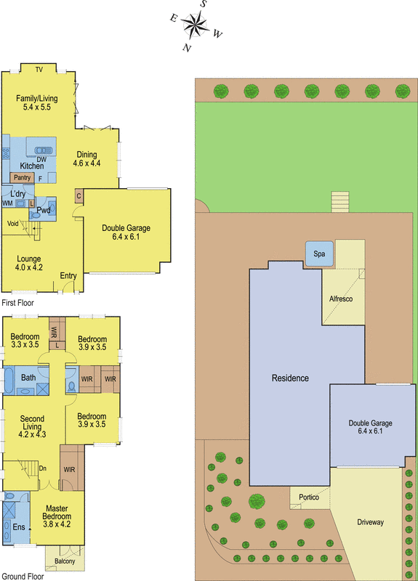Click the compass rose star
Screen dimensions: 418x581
195,25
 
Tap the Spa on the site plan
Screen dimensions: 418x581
319,253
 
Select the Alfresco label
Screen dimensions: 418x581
341,298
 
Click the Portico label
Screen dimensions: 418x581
309,497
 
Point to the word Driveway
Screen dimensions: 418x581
370,522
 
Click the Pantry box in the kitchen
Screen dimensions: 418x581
22,177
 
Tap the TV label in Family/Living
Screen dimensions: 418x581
39,69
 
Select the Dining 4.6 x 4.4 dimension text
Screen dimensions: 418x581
87,163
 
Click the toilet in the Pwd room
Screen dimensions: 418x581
35,214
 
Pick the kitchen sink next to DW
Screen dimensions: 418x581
44,150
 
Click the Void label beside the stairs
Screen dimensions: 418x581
12,224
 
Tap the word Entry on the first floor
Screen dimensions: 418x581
68,276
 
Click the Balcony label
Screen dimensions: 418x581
65,561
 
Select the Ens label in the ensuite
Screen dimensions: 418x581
19,527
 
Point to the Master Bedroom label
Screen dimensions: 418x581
57,512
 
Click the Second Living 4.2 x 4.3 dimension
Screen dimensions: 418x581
32,434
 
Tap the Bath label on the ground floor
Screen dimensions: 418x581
28,378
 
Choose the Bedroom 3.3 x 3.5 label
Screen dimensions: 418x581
25,341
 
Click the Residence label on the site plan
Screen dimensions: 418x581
290,378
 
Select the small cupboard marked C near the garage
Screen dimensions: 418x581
79,196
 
